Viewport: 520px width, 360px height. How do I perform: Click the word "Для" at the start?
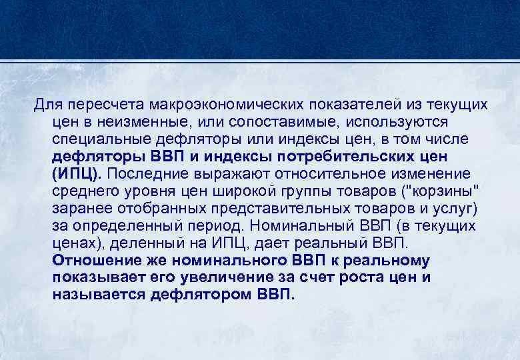(47, 105)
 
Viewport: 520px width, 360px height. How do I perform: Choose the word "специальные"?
(105, 140)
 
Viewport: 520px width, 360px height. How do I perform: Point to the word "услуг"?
(455, 209)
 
